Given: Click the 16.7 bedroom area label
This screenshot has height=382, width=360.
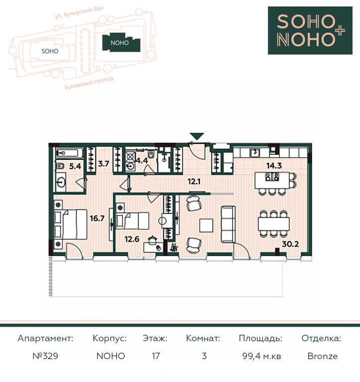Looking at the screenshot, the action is (97, 218).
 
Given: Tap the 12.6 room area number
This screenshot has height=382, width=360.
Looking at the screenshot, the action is (132, 239).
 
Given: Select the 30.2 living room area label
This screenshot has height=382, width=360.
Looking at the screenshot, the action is (290, 244).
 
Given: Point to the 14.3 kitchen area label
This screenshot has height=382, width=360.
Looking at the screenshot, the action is (274, 166).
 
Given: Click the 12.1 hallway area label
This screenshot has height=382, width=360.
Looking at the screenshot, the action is (194, 182).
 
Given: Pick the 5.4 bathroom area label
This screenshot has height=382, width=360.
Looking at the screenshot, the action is (75, 166).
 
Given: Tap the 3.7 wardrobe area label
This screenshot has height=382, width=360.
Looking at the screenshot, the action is (104, 164).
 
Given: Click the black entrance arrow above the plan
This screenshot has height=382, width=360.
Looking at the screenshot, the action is (197, 136).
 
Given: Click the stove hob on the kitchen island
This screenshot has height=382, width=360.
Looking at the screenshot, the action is (272, 177).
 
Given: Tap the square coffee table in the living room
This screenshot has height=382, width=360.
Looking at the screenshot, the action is (206, 225).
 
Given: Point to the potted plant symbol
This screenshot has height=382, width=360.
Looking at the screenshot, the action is (174, 247).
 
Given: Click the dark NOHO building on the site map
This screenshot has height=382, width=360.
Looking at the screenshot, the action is (121, 43).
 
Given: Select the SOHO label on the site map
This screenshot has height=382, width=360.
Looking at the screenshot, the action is (50, 51).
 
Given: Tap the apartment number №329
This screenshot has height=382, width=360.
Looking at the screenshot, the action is (45, 356).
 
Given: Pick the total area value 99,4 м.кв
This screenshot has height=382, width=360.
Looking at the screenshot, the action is (261, 356).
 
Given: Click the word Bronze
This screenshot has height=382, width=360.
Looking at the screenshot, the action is (323, 356).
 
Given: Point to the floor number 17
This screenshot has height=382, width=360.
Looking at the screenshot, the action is (156, 356).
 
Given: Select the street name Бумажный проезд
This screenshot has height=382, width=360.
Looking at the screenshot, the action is (89, 83).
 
